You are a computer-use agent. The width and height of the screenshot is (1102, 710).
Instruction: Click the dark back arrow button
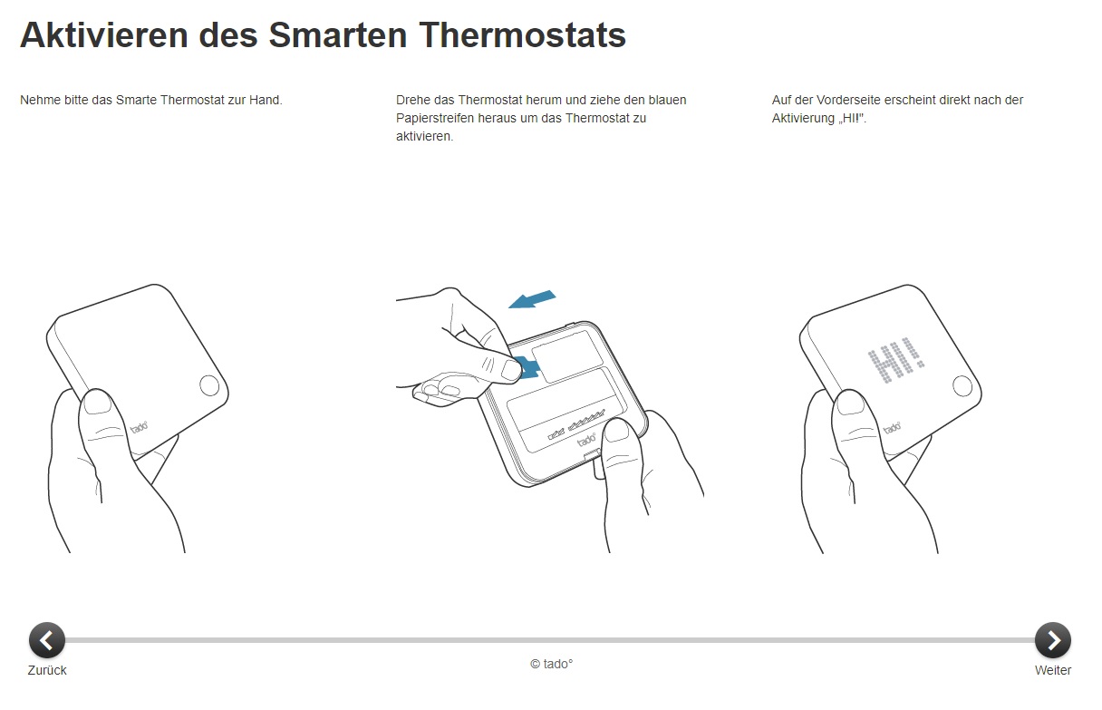tap(47, 640)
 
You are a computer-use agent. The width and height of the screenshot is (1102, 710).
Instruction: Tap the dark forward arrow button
tap(1053, 640)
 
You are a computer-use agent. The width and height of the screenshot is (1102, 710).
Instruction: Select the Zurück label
tap(47, 670)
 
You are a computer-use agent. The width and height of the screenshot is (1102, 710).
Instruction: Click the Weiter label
tap(1053, 670)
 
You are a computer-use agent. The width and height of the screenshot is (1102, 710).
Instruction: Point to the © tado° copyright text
tap(551, 664)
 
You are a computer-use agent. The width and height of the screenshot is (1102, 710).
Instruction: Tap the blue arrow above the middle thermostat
tap(532, 298)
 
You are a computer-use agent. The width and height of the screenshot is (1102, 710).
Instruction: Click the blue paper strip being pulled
tap(527, 368)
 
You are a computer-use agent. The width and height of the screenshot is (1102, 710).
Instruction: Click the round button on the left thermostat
tap(208, 385)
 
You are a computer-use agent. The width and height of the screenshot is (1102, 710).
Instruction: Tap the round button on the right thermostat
tap(962, 386)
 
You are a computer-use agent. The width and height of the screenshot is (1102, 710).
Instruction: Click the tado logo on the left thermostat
tap(139, 424)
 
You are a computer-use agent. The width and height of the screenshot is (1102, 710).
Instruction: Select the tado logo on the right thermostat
tap(893, 425)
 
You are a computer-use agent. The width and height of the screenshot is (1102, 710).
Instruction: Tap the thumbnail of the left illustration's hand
tap(96, 402)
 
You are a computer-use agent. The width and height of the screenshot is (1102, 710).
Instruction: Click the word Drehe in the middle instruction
tap(413, 100)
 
